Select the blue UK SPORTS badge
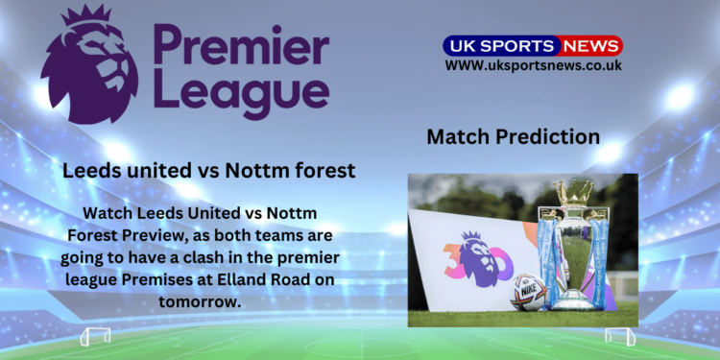point(499,45)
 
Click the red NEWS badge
point(590,45)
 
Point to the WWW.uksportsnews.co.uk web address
point(533,65)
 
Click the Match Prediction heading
point(513,136)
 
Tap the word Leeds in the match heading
point(87,171)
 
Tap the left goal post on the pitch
point(95,336)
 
